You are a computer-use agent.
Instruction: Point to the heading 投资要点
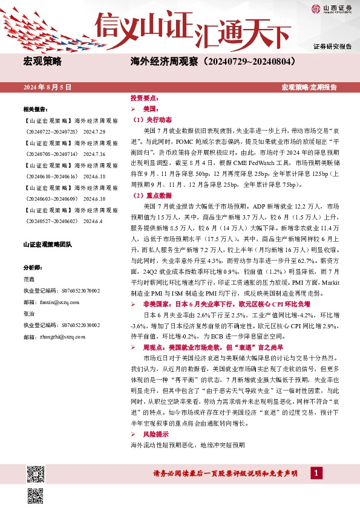coord(145,98)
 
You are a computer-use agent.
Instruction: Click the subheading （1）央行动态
coord(152,120)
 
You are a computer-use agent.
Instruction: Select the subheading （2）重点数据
coord(152,196)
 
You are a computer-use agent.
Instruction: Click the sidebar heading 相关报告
coord(36,109)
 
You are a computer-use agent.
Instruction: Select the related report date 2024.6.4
coord(94,221)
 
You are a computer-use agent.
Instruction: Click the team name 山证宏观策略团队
coord(47,245)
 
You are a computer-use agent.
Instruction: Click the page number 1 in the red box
coord(315,473)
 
